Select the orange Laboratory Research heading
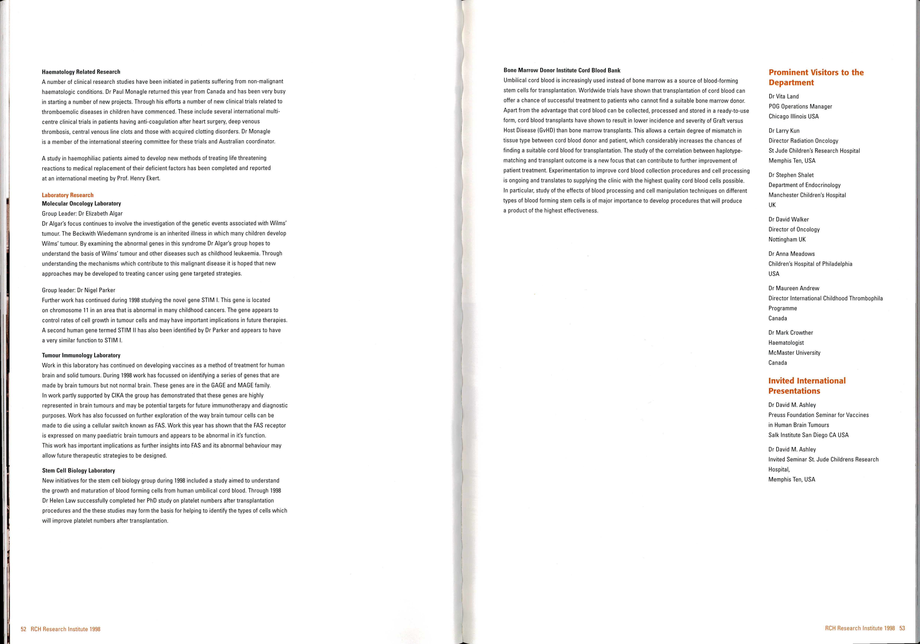pos(68,195)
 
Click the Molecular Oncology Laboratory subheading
pos(81,203)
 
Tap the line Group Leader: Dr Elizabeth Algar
pos(82,213)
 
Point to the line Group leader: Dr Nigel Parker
pos(79,290)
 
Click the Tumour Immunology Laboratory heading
pos(81,355)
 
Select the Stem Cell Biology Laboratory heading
pos(79,471)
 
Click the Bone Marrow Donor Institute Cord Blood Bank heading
pos(562,70)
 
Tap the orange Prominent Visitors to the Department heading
pos(816,77)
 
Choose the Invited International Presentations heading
pos(807,386)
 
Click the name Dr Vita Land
pos(783,97)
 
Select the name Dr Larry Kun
pos(784,131)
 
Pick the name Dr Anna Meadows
pos(791,254)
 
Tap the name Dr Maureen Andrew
pos(794,288)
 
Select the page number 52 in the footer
pos(23,629)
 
